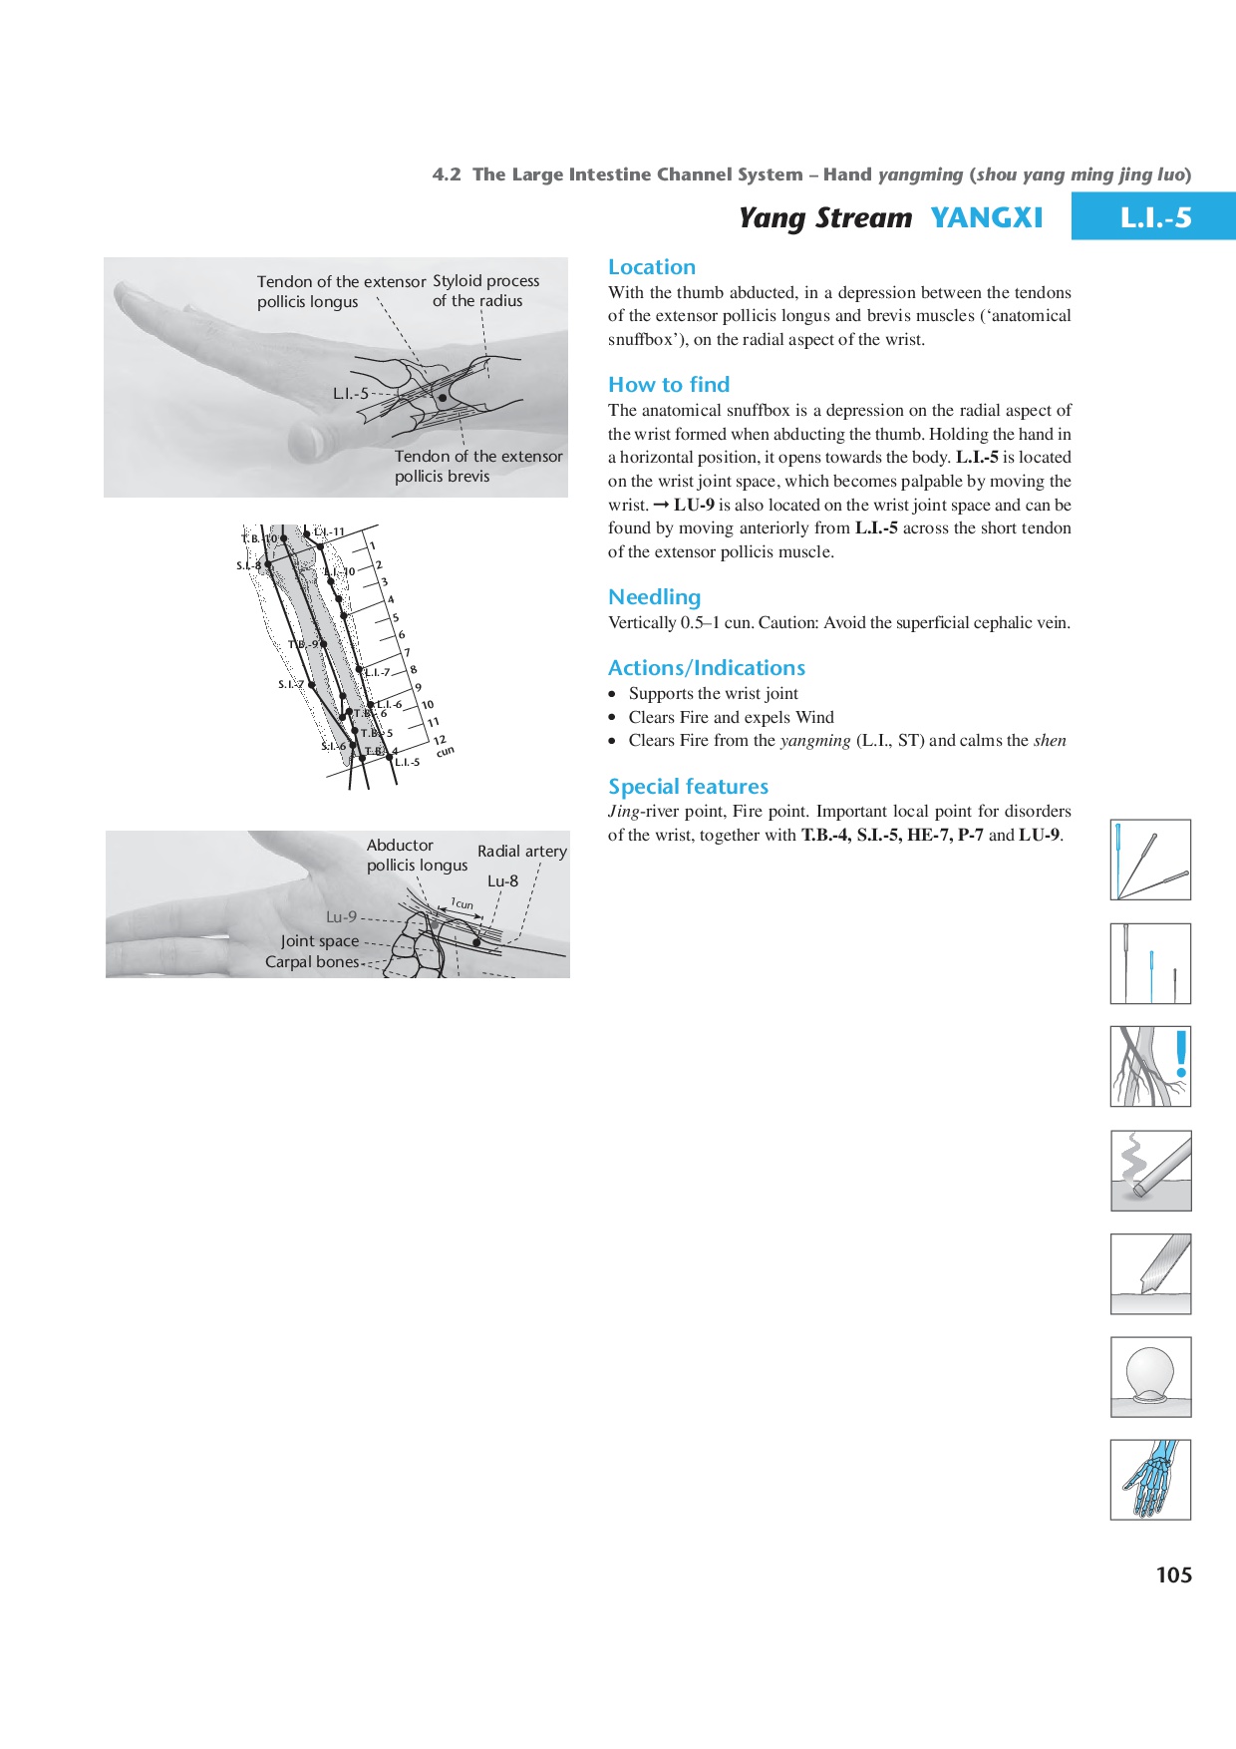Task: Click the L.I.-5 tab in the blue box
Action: [x=1154, y=217]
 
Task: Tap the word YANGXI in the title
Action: [x=986, y=217]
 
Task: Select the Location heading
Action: [x=652, y=267]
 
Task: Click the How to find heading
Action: [x=669, y=385]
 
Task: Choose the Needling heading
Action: [x=654, y=597]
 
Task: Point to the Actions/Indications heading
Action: [x=707, y=668]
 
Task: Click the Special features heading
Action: [x=688, y=787]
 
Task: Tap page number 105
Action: [x=1173, y=1574]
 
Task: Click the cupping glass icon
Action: [x=1150, y=1377]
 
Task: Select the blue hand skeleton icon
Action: [x=1150, y=1480]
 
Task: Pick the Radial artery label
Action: [x=521, y=852]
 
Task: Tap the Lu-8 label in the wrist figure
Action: [x=502, y=881]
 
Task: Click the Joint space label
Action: [x=319, y=941]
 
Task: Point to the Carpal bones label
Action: [x=311, y=962]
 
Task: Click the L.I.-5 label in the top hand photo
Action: [x=350, y=394]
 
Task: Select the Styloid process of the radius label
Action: [x=485, y=291]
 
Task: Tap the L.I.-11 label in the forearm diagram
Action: [x=329, y=532]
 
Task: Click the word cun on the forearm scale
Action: [x=445, y=751]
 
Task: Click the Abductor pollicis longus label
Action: [x=416, y=856]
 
